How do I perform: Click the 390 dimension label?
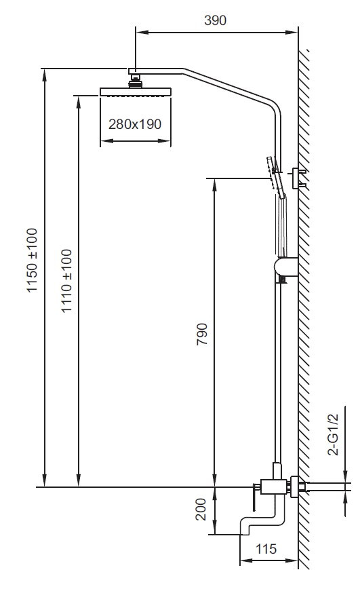[215, 20]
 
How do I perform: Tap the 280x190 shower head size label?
[135, 124]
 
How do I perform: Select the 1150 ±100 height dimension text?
[33, 260]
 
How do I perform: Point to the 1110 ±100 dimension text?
[66, 281]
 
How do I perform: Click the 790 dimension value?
[202, 334]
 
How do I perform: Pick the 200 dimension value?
[201, 509]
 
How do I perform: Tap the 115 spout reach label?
[266, 549]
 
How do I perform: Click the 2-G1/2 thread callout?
[334, 434]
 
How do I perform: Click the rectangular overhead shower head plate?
[136, 92]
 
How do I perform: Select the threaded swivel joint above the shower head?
[135, 81]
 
